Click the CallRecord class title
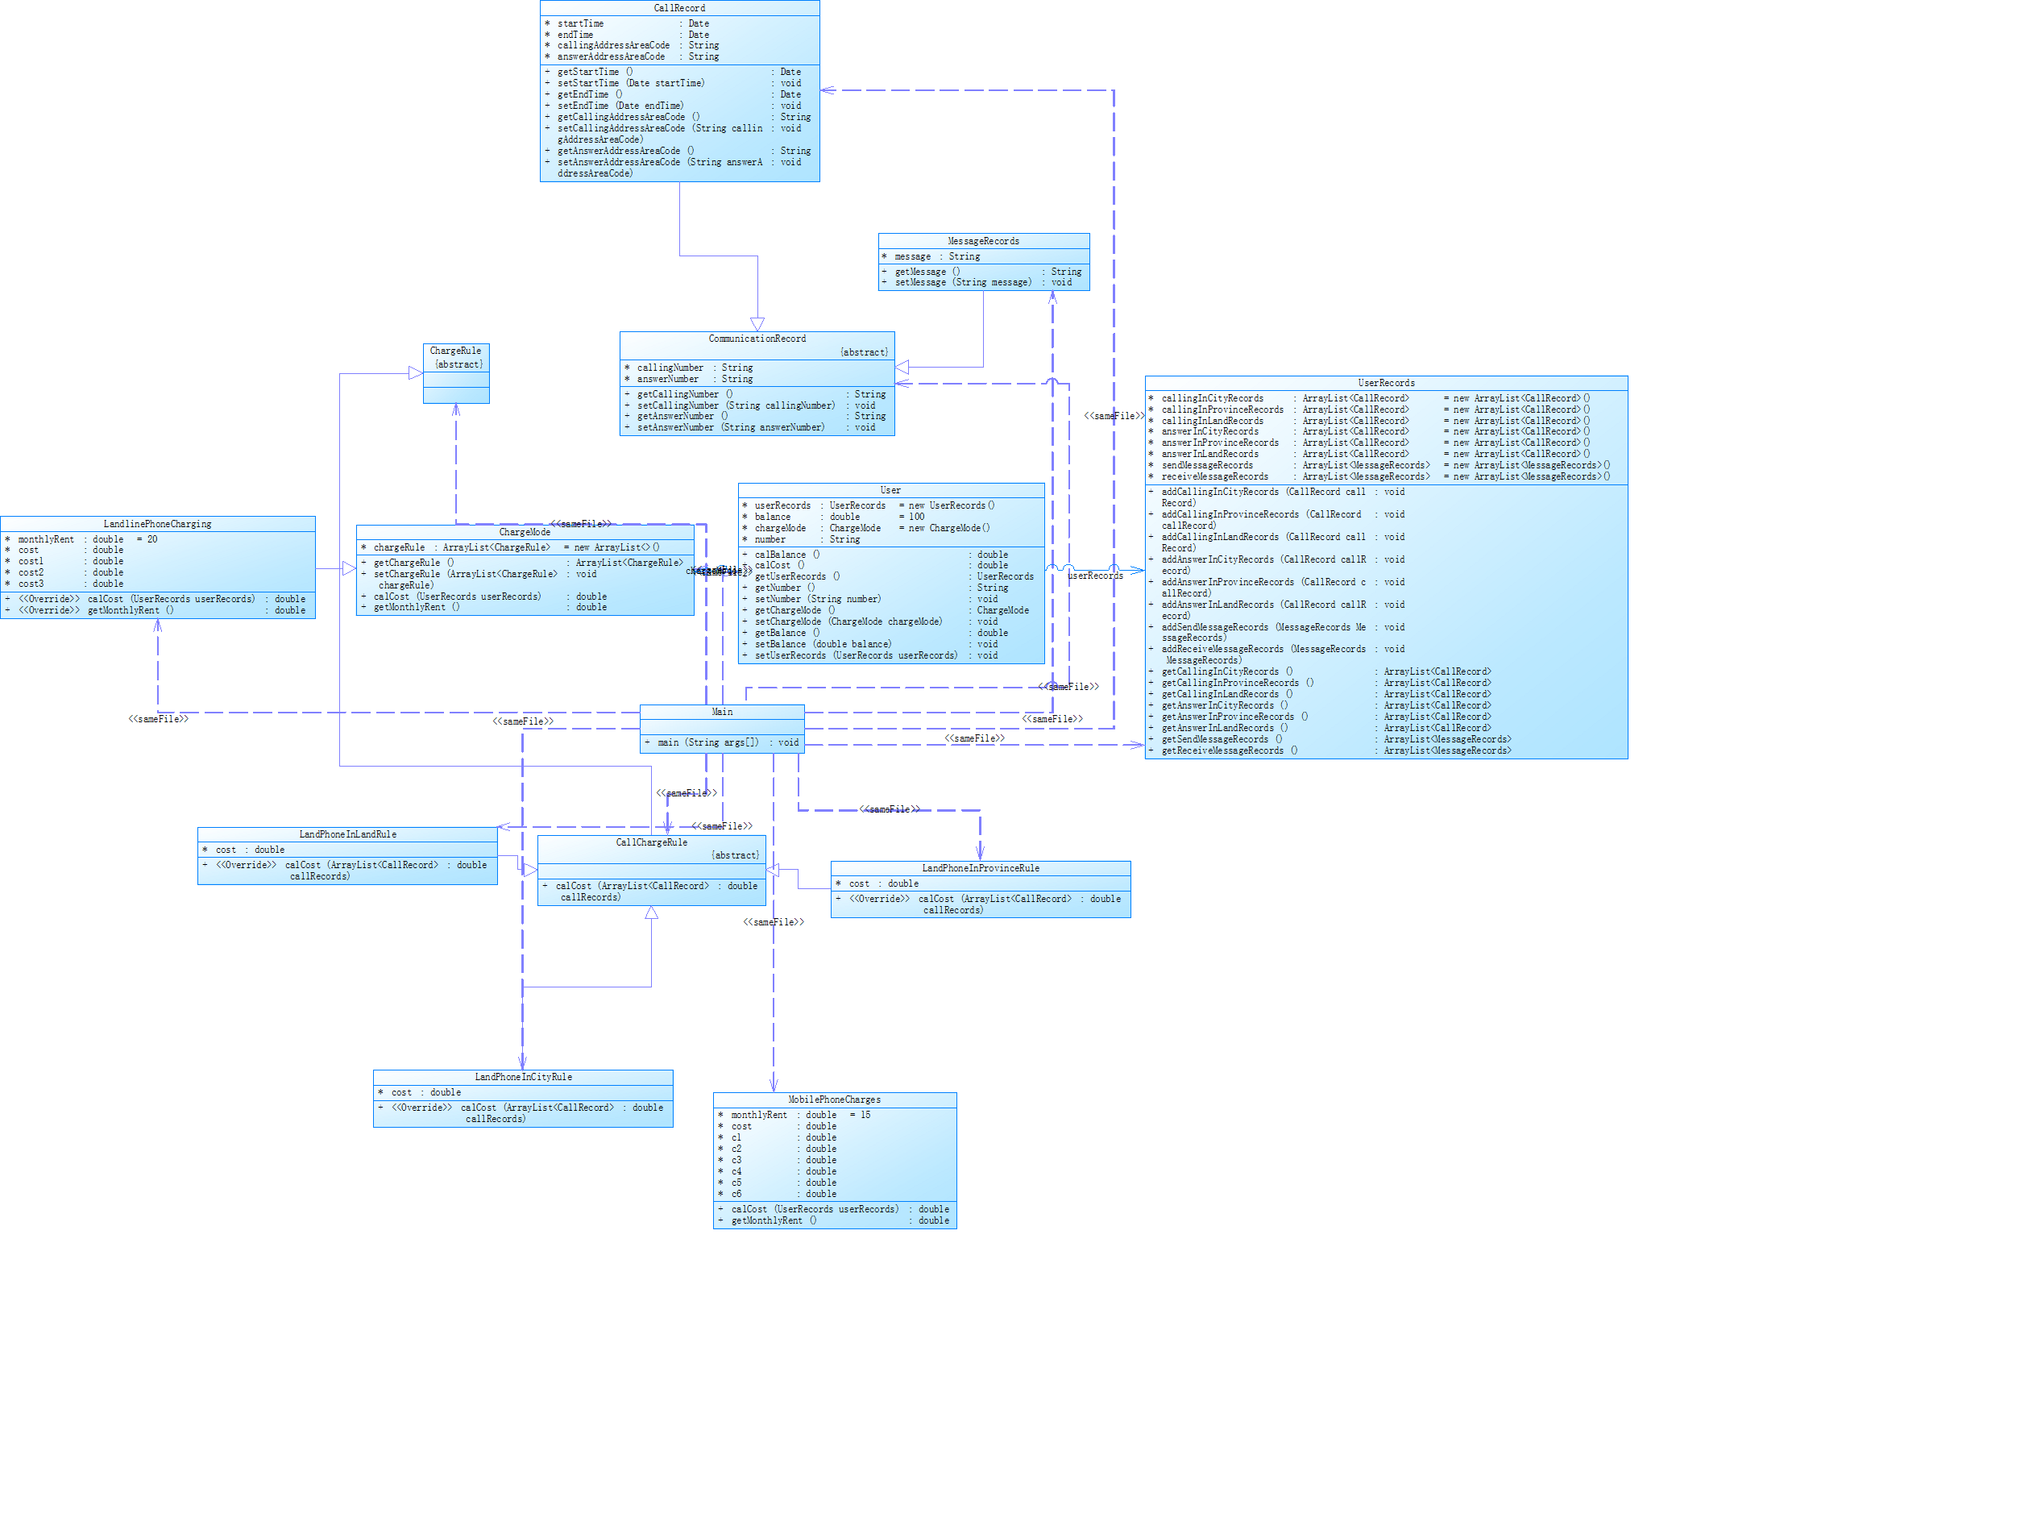[x=678, y=8]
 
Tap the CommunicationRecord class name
[x=756, y=339]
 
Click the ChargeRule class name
[x=455, y=351]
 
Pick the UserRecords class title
[x=1385, y=383]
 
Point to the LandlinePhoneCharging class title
[x=157, y=524]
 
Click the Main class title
[x=722, y=712]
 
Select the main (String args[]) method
[x=708, y=742]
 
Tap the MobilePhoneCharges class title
[x=833, y=1099]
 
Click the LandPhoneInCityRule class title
[x=523, y=1077]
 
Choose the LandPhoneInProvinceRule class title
[x=980, y=868]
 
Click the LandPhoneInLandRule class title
[x=347, y=834]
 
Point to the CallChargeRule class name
[x=651, y=842]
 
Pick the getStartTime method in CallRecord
[x=595, y=72]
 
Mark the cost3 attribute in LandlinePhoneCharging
[x=31, y=584]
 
